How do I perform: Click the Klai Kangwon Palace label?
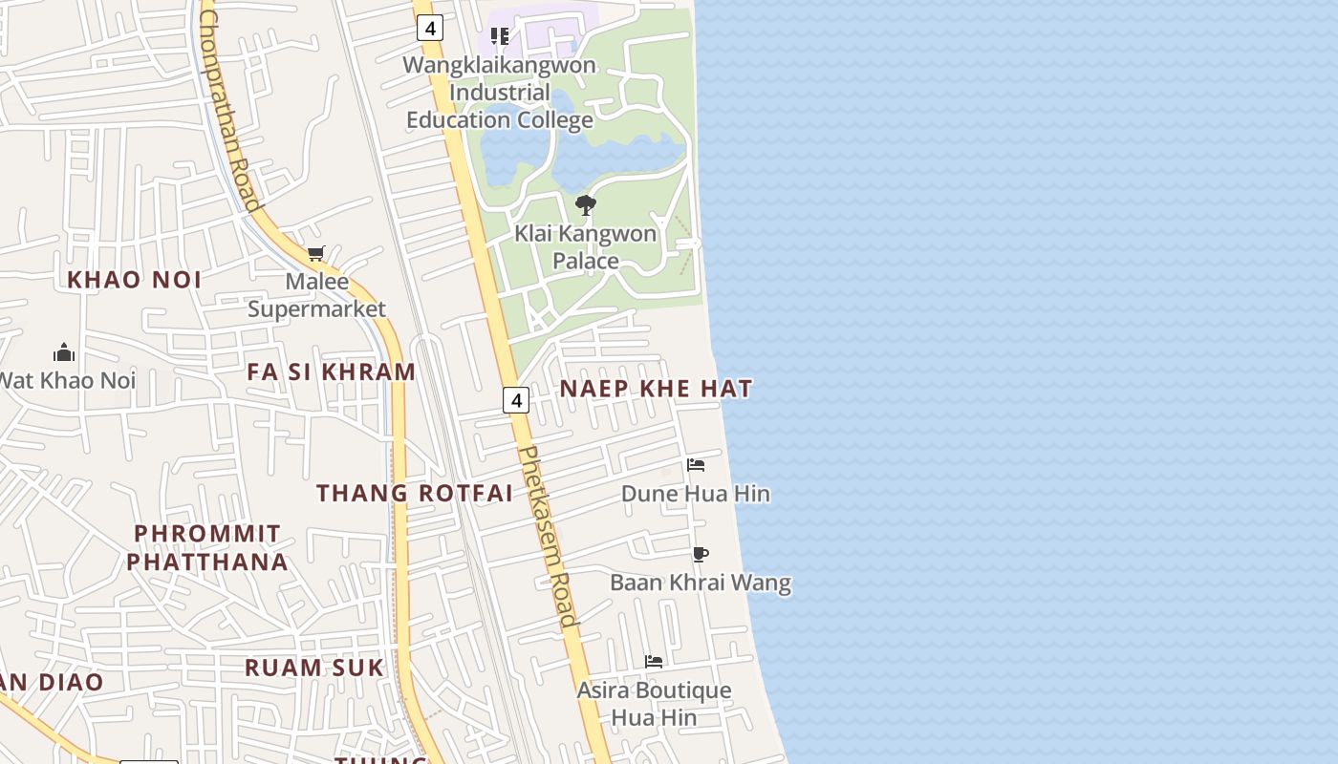(x=585, y=247)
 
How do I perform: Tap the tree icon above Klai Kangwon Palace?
(x=586, y=204)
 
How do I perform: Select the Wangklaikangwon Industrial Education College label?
(x=500, y=93)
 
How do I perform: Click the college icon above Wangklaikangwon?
(x=500, y=36)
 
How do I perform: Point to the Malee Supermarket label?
(x=316, y=295)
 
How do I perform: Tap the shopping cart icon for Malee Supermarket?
(x=316, y=254)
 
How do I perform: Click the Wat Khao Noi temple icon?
(x=64, y=352)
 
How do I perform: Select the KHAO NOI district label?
(x=135, y=280)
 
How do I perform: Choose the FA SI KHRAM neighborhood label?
(x=332, y=371)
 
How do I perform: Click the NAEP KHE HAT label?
(x=656, y=389)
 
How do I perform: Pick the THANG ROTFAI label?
(x=415, y=493)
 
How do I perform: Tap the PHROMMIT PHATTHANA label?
(x=207, y=547)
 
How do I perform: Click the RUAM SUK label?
(x=314, y=668)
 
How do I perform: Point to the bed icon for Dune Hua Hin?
(x=696, y=465)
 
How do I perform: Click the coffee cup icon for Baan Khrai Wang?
(x=701, y=554)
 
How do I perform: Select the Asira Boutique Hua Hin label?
(x=654, y=703)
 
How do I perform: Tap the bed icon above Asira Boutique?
(x=654, y=661)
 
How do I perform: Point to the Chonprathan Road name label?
(x=229, y=110)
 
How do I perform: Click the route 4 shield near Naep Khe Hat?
(x=516, y=400)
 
